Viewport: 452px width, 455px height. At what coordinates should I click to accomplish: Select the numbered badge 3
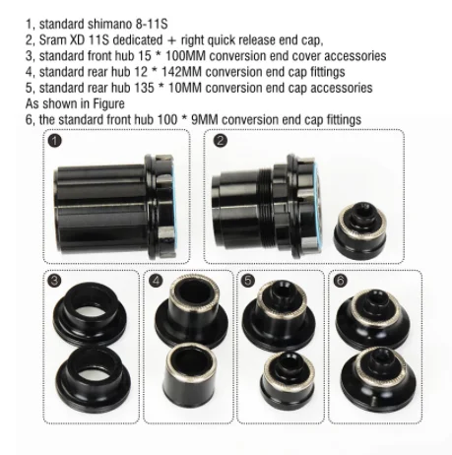[56, 281]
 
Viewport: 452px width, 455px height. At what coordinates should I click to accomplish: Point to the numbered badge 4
[157, 280]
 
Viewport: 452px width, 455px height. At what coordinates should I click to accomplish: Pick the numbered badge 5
[248, 280]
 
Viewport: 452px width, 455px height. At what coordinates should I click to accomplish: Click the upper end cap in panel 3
[88, 313]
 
